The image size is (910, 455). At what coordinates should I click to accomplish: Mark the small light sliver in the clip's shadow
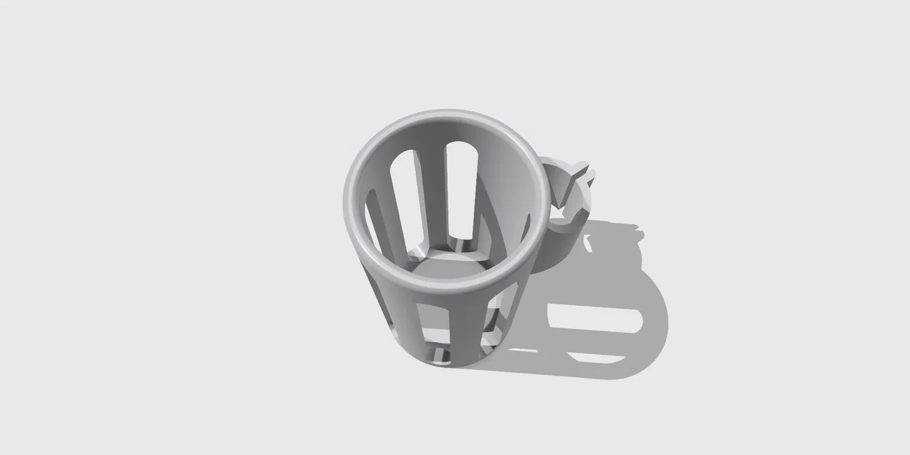tap(587, 245)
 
